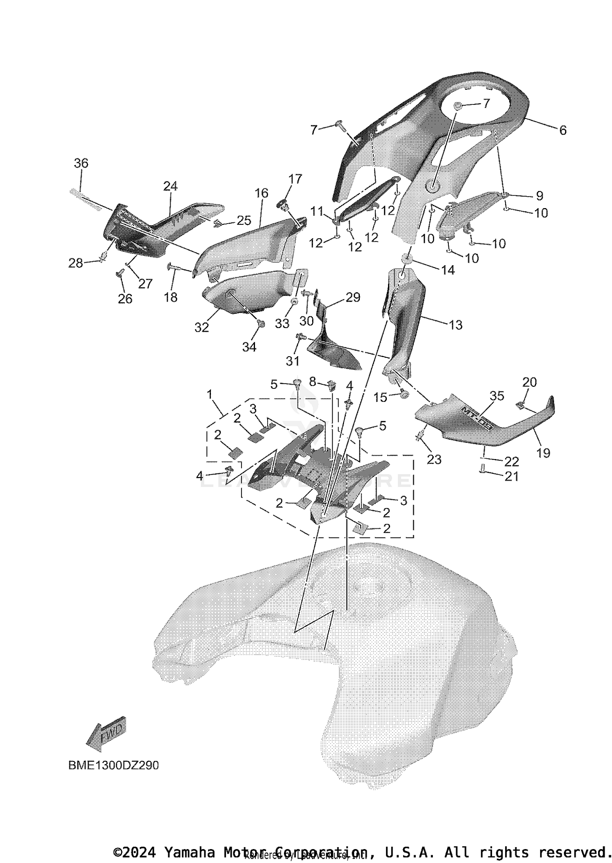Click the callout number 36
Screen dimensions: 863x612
(x=81, y=163)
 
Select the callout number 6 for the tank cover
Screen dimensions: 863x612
(x=563, y=130)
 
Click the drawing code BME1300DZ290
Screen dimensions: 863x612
(x=113, y=765)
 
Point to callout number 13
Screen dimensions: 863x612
(x=455, y=325)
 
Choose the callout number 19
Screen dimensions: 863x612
(x=543, y=453)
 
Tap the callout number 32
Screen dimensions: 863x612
(x=202, y=327)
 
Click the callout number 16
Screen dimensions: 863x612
(x=262, y=193)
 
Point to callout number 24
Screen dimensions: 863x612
(x=170, y=186)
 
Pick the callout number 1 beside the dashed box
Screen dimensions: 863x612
(x=210, y=394)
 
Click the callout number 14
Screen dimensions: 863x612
(x=448, y=270)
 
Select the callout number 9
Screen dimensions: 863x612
(x=539, y=196)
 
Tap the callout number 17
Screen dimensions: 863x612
(x=295, y=179)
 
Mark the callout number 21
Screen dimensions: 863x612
(x=512, y=476)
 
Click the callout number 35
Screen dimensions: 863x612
(x=497, y=395)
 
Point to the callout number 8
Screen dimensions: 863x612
(x=313, y=382)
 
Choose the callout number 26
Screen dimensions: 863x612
(x=125, y=299)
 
